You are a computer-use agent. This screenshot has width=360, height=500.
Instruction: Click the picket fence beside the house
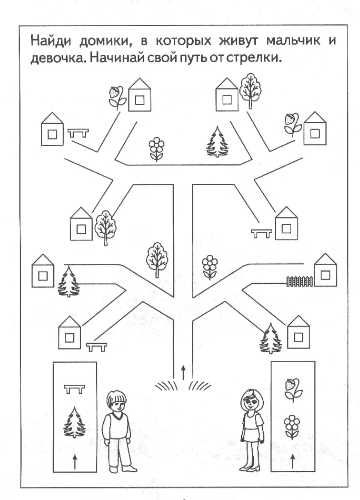(299, 281)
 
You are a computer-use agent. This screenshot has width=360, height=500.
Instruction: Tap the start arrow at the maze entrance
(183, 372)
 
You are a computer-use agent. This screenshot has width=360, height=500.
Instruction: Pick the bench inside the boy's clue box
(74, 389)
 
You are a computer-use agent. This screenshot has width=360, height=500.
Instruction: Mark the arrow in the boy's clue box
(75, 461)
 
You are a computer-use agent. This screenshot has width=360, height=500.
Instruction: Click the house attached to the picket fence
(325, 271)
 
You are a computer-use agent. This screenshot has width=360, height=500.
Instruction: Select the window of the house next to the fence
(326, 275)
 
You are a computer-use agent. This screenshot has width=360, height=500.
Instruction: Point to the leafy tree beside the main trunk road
(157, 259)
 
